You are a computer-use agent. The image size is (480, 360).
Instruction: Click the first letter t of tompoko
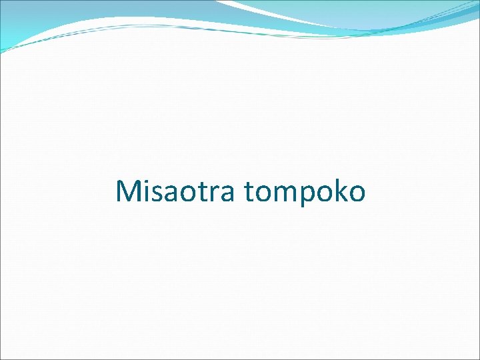pos(249,192)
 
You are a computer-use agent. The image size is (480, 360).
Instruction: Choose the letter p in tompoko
pos(307,193)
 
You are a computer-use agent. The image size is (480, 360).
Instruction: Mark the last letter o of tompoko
pos(357,193)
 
